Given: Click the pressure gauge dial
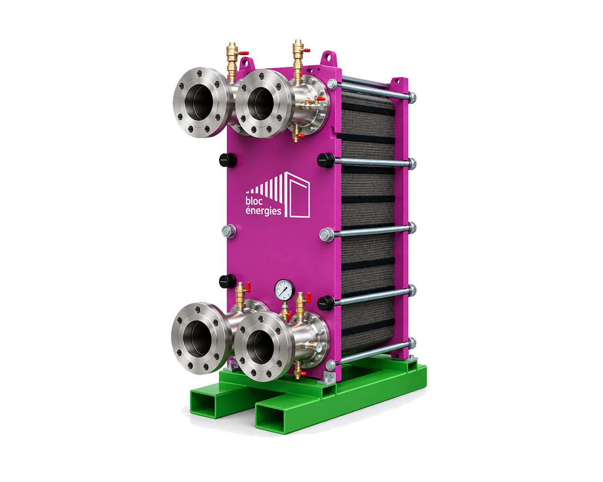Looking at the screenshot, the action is pos(285,289).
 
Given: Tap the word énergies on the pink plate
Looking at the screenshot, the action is pos(263,211).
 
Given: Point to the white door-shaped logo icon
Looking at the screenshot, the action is pos(298,194).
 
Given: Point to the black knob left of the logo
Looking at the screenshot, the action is pos(228,160).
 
